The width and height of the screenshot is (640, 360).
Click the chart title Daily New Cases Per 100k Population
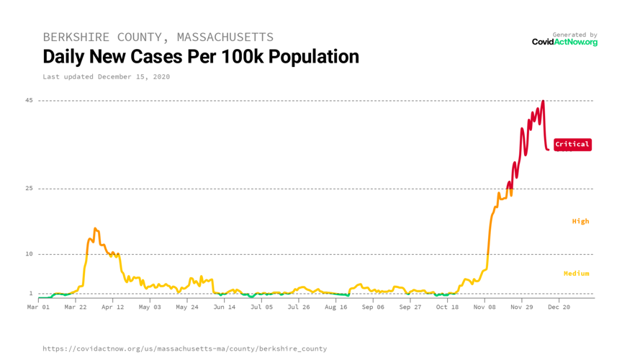(x=200, y=56)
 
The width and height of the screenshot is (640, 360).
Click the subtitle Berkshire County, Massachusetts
(x=158, y=37)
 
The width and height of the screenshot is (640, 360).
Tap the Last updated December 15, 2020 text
(x=106, y=76)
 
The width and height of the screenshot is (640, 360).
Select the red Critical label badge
(x=572, y=144)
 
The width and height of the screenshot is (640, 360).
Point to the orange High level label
(x=580, y=221)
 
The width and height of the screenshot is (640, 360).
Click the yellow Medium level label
(x=576, y=274)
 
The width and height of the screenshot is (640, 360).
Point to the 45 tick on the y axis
(x=29, y=100)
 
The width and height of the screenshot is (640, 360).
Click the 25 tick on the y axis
(x=29, y=189)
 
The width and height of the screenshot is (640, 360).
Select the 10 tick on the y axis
(x=29, y=254)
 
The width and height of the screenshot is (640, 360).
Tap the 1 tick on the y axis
(x=31, y=293)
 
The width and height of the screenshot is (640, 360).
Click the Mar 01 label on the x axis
(x=39, y=307)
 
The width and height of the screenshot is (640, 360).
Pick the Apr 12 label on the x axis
(x=112, y=307)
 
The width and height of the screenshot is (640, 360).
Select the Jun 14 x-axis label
(x=224, y=307)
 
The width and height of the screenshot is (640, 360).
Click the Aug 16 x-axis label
(x=335, y=307)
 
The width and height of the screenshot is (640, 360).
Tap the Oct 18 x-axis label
(x=447, y=307)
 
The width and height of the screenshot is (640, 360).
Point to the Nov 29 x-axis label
(x=521, y=307)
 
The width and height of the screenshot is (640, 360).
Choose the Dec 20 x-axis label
(x=559, y=307)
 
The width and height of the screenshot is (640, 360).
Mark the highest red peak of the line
(x=543, y=102)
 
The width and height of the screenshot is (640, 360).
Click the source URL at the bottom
(x=184, y=348)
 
